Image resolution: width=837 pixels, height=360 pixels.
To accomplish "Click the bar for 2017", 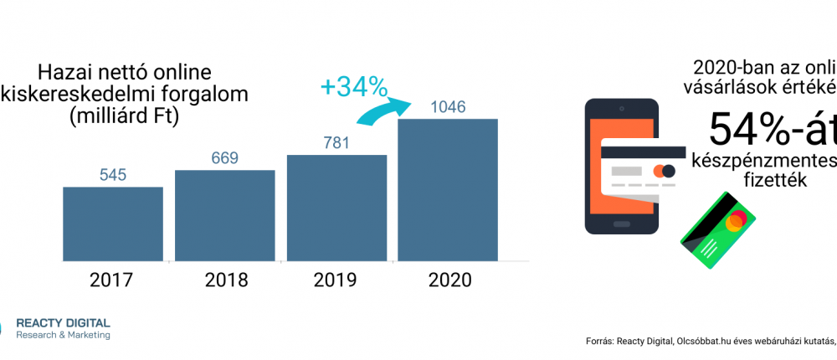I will point(112,223).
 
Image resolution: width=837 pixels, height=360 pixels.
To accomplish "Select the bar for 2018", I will point(224,214).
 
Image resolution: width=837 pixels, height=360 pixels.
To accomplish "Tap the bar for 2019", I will point(336,207).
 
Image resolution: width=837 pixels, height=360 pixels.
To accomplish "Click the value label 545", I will point(112,175).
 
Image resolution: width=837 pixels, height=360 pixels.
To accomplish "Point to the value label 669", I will point(224,157).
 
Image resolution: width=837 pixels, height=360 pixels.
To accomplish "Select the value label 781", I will point(336,143).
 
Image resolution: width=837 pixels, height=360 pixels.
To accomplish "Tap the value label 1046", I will point(448,107).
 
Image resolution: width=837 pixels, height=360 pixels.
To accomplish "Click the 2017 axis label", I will point(112,280).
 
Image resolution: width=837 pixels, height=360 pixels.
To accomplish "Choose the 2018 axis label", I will point(226,280).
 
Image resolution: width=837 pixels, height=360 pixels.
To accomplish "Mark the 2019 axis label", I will point(336,280).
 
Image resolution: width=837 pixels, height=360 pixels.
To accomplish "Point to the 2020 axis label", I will point(448,280).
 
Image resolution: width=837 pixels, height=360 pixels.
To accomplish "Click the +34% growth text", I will point(354,85).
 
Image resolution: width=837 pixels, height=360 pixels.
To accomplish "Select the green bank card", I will point(717,229).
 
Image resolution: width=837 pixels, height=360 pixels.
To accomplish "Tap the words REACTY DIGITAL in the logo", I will point(63,323).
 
